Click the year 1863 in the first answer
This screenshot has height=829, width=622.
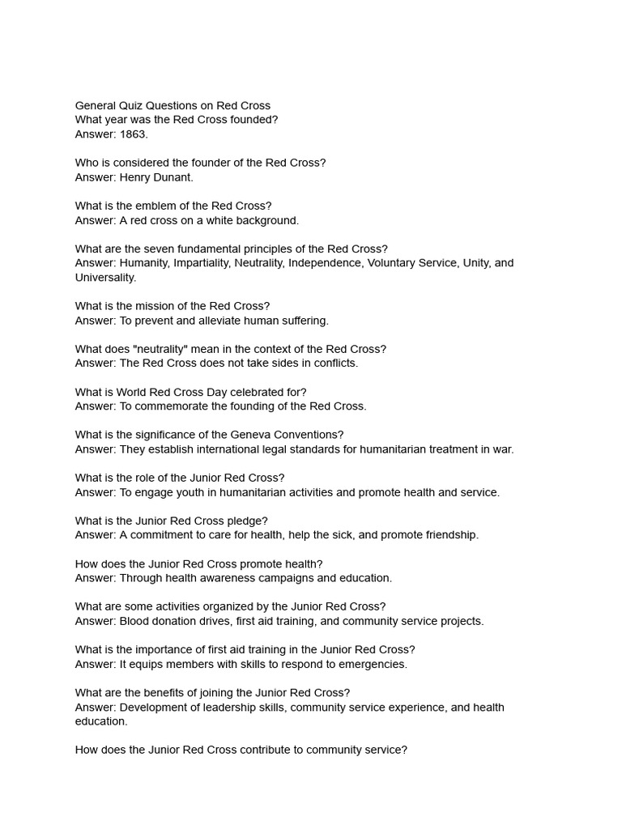[134, 134]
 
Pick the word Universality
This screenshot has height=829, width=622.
[105, 278]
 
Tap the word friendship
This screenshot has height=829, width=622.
[449, 535]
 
